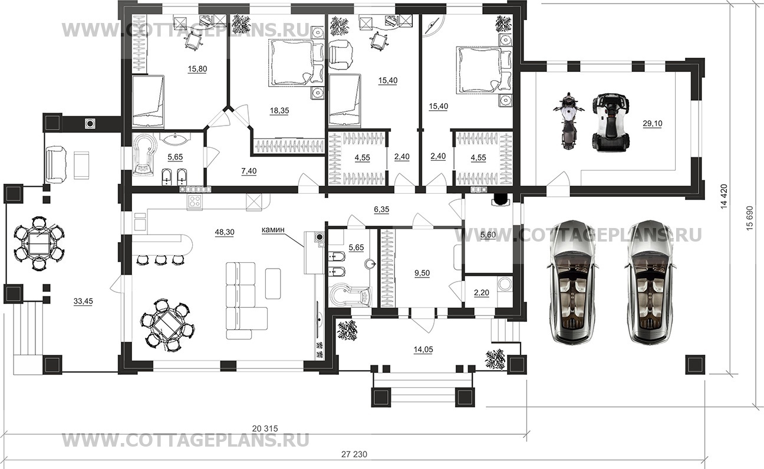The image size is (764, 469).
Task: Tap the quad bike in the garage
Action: click(611, 121)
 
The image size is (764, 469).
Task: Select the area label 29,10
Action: click(653, 123)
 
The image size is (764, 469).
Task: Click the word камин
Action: click(273, 230)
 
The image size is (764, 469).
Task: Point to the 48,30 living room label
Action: click(225, 233)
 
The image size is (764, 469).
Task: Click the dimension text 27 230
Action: click(354, 454)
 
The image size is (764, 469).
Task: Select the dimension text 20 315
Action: click(265, 428)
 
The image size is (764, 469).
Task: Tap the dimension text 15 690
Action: click(749, 218)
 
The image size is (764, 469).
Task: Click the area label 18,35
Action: click(279, 111)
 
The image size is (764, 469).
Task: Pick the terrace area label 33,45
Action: click(83, 301)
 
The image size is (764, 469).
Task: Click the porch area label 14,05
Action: click(423, 350)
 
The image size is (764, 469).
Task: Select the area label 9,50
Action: click(422, 273)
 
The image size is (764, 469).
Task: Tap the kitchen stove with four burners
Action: click(195, 202)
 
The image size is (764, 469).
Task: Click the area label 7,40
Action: click(249, 171)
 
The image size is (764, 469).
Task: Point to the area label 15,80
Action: click(197, 69)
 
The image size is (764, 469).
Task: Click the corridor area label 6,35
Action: click(381, 210)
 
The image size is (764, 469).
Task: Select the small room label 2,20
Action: click(482, 292)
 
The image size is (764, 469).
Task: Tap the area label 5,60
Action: click(488, 235)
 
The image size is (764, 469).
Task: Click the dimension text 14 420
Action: click(724, 196)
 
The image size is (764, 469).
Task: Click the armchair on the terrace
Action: click(57, 164)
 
